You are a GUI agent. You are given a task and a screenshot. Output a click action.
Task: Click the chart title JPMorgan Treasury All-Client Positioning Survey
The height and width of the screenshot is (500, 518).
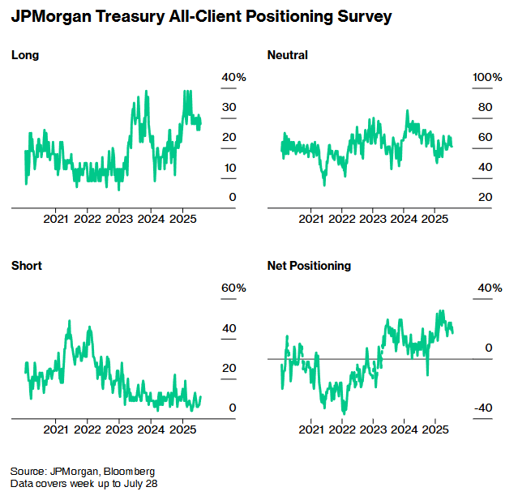pyautogui.click(x=201, y=16)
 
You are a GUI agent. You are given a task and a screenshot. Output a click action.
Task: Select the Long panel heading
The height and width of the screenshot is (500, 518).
pyautogui.click(x=25, y=55)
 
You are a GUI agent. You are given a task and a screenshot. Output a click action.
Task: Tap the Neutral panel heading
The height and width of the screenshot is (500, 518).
pyautogui.click(x=287, y=55)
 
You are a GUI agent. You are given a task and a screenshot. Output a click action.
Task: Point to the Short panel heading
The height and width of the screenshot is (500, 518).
pyautogui.click(x=27, y=265)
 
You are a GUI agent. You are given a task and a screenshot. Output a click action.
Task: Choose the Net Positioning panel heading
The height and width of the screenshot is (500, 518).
pyautogui.click(x=309, y=265)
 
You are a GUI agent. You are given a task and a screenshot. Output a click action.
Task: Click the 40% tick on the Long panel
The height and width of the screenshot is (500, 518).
pyautogui.click(x=233, y=77)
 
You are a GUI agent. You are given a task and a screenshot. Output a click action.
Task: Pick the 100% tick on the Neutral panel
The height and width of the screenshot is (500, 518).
pyautogui.click(x=488, y=77)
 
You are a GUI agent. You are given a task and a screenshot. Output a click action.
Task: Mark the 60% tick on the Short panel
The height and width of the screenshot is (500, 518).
pyautogui.click(x=233, y=288)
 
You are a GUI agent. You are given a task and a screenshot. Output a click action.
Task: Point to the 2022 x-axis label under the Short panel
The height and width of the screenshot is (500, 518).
pyautogui.click(x=87, y=429)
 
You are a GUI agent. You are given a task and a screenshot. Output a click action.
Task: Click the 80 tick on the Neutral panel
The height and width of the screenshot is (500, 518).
pyautogui.click(x=485, y=107)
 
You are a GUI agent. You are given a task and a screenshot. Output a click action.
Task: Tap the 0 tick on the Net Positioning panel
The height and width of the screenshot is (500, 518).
pyautogui.click(x=488, y=348)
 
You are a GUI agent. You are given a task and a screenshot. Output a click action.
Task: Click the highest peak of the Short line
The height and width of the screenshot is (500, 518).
pyautogui.click(x=69, y=322)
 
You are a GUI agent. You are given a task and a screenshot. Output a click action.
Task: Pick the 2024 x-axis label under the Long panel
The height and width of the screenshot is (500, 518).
pyautogui.click(x=150, y=219)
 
